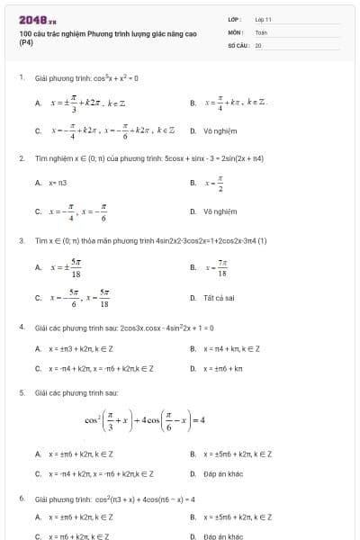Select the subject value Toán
261,31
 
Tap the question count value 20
258,44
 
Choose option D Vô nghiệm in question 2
219,213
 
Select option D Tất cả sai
219,298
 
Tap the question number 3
22,240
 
